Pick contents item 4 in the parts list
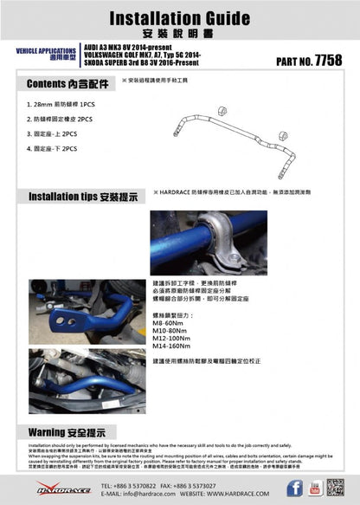53,149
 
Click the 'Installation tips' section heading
83,197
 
